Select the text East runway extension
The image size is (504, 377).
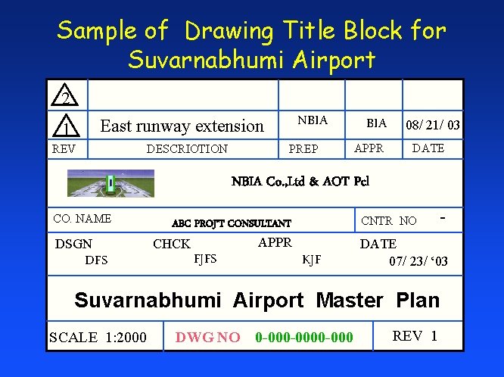tap(182, 126)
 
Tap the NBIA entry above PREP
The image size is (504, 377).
tap(313, 120)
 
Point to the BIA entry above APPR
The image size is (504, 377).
tap(376, 123)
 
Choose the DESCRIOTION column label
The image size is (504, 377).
tap(187, 148)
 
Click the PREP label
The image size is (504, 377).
tap(303, 149)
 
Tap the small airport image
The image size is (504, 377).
tap(110, 182)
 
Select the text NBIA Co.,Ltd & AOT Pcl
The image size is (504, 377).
tap(300, 182)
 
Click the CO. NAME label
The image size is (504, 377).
tap(82, 219)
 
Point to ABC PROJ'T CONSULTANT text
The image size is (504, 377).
tap(231, 223)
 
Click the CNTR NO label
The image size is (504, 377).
tap(388, 221)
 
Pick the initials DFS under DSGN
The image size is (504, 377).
tap(96, 260)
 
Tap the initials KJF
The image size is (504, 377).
tap(311, 260)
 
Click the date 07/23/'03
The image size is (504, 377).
tap(418, 262)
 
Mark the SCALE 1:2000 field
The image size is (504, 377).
tap(98, 337)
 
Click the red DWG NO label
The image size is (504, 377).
tap(207, 337)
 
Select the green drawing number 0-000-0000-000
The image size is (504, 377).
tap(304, 337)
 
